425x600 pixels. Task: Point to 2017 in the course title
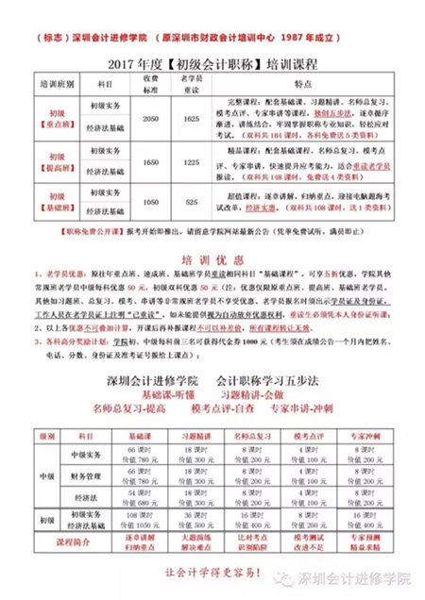pos(131,64)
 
